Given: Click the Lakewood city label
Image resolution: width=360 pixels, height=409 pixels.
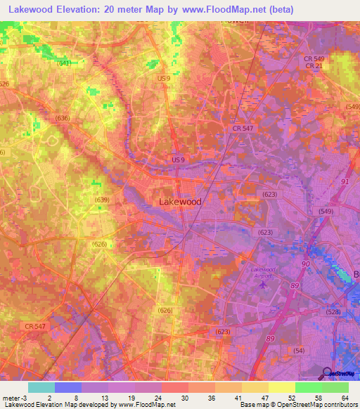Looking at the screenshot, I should pos(181,202).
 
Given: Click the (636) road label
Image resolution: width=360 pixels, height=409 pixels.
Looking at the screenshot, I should pos(63,118).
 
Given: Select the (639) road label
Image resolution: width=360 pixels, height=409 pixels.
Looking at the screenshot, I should pos(102,200).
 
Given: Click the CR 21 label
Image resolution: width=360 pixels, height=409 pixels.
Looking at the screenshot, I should pos(314,65).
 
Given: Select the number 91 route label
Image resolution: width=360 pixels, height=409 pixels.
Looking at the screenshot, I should pos(345,181).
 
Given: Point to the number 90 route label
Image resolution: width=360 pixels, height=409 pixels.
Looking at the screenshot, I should pos(306,264).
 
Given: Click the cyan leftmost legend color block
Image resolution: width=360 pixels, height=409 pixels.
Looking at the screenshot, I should pos(41,387).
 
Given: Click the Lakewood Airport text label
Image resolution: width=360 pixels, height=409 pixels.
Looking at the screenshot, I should pos(264,273).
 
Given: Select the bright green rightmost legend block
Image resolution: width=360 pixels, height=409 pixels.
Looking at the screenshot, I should pos(335,387).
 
